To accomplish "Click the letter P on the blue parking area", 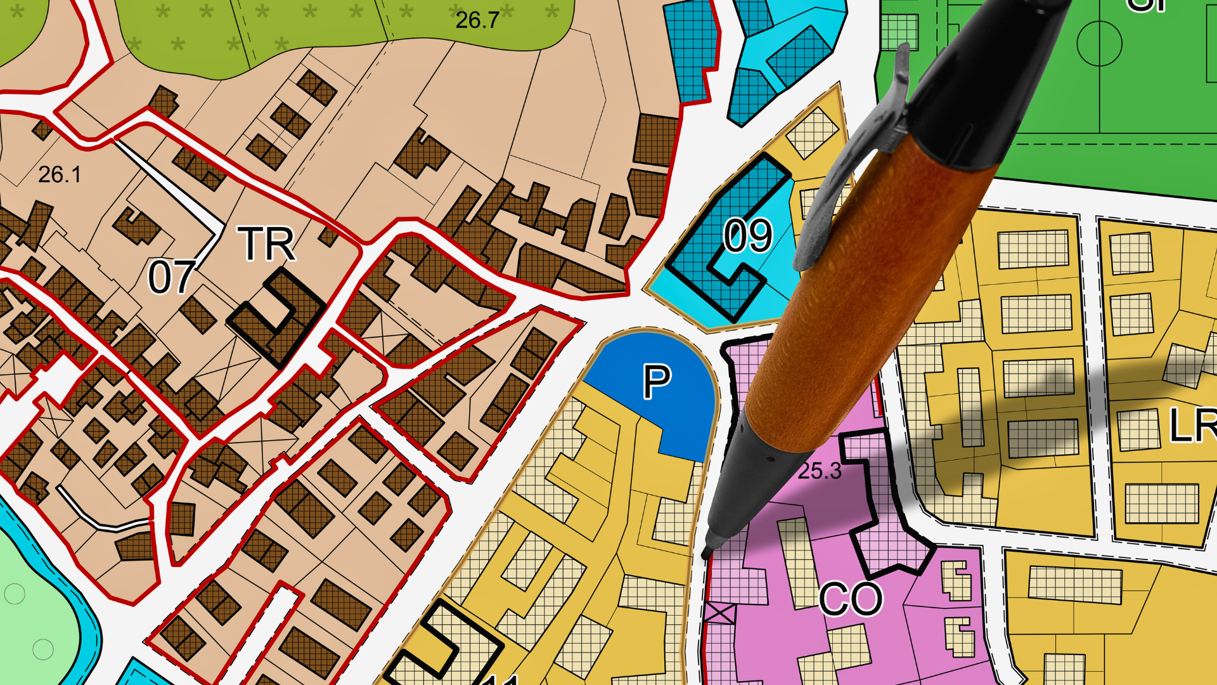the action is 657,382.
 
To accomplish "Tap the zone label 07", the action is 171,277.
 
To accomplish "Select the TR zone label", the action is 267,244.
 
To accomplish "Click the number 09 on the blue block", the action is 748,236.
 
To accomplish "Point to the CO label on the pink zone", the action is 851,599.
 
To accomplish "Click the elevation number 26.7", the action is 477,20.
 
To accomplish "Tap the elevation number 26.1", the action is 60,174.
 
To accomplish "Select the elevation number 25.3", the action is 820,471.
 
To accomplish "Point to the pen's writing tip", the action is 706,553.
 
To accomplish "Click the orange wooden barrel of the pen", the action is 868,298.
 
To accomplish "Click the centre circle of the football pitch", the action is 1099,43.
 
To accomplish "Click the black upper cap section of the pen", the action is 989,82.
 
